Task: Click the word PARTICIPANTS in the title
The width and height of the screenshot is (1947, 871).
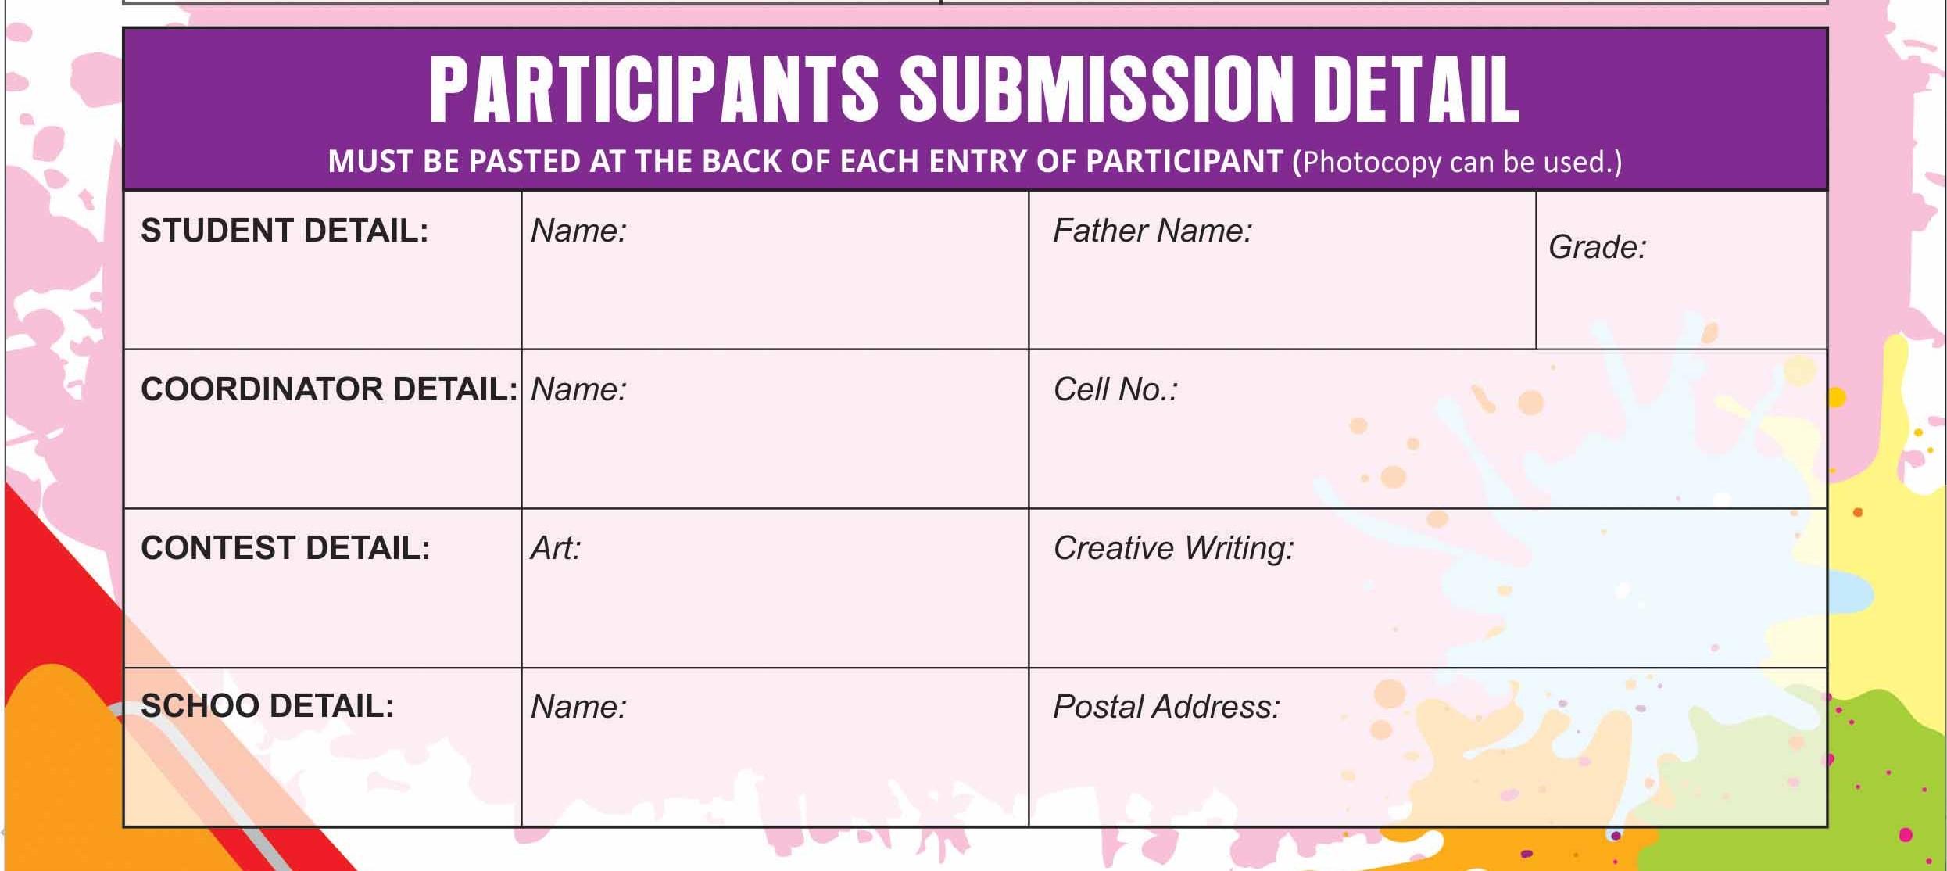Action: tap(654, 90)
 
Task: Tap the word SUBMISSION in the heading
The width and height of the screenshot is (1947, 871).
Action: tap(1097, 90)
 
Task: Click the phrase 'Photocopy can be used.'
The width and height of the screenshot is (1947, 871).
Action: tap(1458, 162)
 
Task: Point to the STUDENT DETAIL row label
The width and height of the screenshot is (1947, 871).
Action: tap(285, 231)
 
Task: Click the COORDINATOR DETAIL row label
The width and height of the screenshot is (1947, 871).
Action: tap(329, 389)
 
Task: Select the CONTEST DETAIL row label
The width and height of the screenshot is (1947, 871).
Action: tap(285, 548)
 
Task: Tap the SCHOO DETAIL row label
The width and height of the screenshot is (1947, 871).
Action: tap(267, 706)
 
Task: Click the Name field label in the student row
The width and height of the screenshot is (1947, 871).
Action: tap(578, 231)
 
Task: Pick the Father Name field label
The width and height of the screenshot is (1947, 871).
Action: tap(1152, 231)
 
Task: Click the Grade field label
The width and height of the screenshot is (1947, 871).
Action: tap(1597, 247)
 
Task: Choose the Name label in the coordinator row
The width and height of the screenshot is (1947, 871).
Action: tap(578, 389)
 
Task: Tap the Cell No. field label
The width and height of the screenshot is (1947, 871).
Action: tap(1115, 389)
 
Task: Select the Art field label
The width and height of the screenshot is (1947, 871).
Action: tap(556, 548)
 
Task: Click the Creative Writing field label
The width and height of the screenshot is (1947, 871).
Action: tap(1173, 548)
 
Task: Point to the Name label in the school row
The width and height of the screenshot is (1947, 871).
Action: tap(578, 707)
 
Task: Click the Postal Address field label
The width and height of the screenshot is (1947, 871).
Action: tap(1166, 707)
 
